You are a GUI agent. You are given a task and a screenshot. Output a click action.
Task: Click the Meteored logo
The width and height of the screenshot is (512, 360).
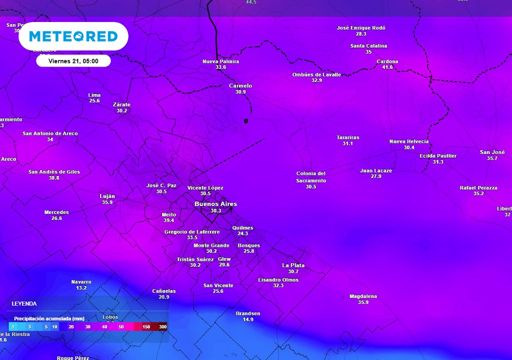73,36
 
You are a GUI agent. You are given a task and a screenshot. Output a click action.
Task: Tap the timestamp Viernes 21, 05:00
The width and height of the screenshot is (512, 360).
73,61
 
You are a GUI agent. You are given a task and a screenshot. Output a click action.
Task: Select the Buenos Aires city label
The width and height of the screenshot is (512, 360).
215,204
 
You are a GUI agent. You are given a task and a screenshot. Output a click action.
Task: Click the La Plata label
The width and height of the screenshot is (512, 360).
293,265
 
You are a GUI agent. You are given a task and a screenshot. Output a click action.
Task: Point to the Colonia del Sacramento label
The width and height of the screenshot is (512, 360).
311,177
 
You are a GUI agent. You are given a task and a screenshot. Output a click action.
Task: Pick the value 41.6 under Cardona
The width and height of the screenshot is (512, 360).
387,67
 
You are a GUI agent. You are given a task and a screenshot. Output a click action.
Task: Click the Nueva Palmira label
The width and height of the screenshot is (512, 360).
220,61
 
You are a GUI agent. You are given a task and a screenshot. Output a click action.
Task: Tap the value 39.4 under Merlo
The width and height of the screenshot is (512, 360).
169,220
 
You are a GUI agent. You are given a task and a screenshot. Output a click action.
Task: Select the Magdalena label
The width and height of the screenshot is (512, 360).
363,296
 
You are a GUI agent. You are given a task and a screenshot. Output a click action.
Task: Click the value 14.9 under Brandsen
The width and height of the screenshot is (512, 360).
248,319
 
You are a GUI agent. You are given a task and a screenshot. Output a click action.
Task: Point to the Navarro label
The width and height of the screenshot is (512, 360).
81,282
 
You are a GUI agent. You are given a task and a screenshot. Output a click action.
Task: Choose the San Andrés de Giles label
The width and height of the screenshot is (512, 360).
54,172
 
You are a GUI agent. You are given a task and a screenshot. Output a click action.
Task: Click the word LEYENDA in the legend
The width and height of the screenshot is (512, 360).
24,303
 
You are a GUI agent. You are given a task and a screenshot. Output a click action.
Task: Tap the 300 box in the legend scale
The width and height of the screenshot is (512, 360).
163,326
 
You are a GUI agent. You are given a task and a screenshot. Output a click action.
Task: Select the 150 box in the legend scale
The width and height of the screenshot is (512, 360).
146,326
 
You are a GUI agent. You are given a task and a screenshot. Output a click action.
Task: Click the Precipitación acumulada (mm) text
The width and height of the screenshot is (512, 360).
49,318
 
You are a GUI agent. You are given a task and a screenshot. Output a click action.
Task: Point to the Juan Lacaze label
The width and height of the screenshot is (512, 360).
376,170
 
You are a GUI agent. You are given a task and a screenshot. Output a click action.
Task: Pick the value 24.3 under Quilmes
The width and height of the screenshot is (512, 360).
243,233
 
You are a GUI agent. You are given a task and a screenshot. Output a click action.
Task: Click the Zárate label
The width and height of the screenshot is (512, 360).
121,104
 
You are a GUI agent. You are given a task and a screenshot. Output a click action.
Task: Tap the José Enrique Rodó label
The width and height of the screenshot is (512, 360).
361,28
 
